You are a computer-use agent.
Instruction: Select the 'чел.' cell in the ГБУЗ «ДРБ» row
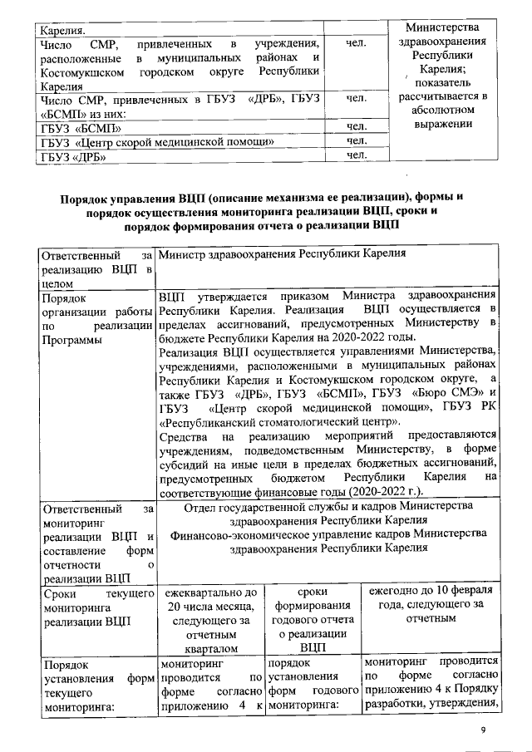click(356, 155)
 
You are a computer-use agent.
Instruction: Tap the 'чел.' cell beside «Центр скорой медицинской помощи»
click(356, 141)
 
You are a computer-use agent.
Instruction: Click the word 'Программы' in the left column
click(71, 342)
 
